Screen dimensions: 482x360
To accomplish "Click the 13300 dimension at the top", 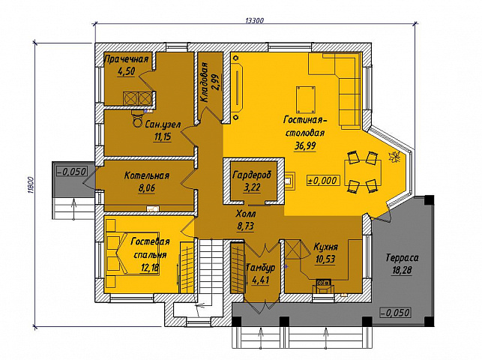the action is [x=255, y=20].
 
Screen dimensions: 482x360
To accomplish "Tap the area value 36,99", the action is [x=305, y=145].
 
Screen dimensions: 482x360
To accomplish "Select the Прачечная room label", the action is [x=127, y=59].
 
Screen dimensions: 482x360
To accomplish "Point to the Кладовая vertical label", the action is [x=204, y=82].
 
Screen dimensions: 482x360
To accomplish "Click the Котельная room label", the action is [x=147, y=175].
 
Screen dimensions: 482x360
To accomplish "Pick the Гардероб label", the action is [x=252, y=175].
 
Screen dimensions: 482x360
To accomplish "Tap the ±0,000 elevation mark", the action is [x=323, y=180].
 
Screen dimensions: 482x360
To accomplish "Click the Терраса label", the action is [x=402, y=257].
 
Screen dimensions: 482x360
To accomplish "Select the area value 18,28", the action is [x=402, y=270].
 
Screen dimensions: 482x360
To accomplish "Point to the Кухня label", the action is [x=326, y=247].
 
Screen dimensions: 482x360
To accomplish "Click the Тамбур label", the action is [x=262, y=268].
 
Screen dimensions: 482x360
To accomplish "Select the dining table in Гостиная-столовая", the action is [x=363, y=172].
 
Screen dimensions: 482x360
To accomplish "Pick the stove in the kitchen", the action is [x=324, y=281].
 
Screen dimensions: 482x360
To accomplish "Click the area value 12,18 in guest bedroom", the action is [x=150, y=268].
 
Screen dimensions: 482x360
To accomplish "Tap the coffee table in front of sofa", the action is [x=306, y=100].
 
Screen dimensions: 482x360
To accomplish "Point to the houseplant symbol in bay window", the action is [x=394, y=156].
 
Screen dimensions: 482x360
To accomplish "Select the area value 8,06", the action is [x=147, y=188].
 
